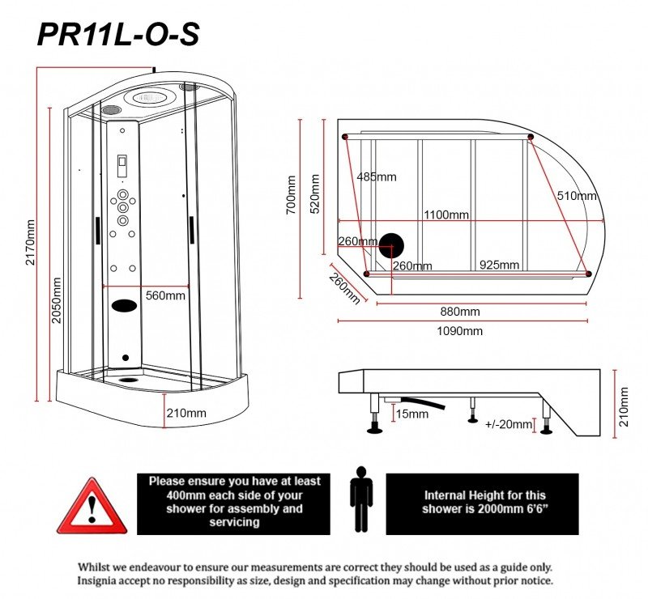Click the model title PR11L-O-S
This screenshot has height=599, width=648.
[118, 34]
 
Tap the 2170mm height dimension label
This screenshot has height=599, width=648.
[31, 242]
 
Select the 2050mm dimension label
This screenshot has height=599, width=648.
[56, 300]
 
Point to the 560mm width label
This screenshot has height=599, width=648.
[165, 295]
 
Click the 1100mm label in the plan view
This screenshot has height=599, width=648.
[446, 215]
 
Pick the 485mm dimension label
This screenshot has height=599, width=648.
[377, 176]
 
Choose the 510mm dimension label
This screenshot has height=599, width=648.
[577, 195]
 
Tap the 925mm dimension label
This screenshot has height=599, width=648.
[499, 265]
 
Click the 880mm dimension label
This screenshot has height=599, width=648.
[460, 312]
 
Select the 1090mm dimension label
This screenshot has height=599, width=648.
[460, 331]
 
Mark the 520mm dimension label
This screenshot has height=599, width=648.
[316, 194]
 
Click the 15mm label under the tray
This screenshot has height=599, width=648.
[412, 414]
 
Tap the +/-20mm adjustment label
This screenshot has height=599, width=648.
[509, 424]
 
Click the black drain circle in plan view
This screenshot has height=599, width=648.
[392, 243]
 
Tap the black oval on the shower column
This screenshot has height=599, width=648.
[124, 306]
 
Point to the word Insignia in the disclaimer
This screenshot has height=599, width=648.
[102, 581]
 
